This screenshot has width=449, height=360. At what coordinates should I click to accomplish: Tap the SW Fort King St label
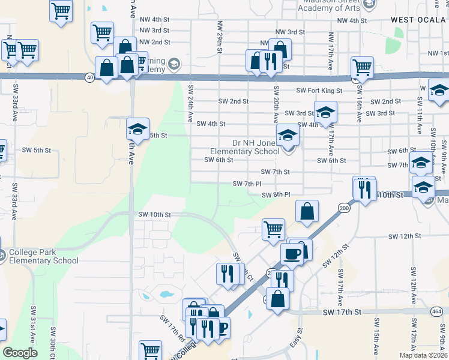(x=319, y=91)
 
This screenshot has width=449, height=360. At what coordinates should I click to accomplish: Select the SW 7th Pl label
(x=247, y=184)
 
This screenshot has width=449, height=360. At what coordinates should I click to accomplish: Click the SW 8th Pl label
(x=276, y=194)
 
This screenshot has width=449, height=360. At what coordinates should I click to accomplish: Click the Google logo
(x=20, y=353)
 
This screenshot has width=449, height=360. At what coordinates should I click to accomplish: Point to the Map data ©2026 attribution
(x=423, y=355)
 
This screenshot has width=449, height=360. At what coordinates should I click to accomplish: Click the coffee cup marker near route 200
(x=292, y=253)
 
